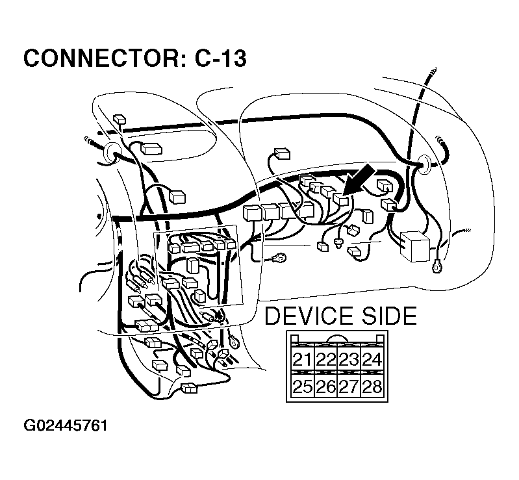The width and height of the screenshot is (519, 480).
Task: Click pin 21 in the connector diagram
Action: (302, 360)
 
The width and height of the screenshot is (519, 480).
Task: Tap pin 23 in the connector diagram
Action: (349, 360)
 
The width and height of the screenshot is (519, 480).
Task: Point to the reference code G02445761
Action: (65, 426)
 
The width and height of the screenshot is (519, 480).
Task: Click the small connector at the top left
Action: (119, 120)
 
